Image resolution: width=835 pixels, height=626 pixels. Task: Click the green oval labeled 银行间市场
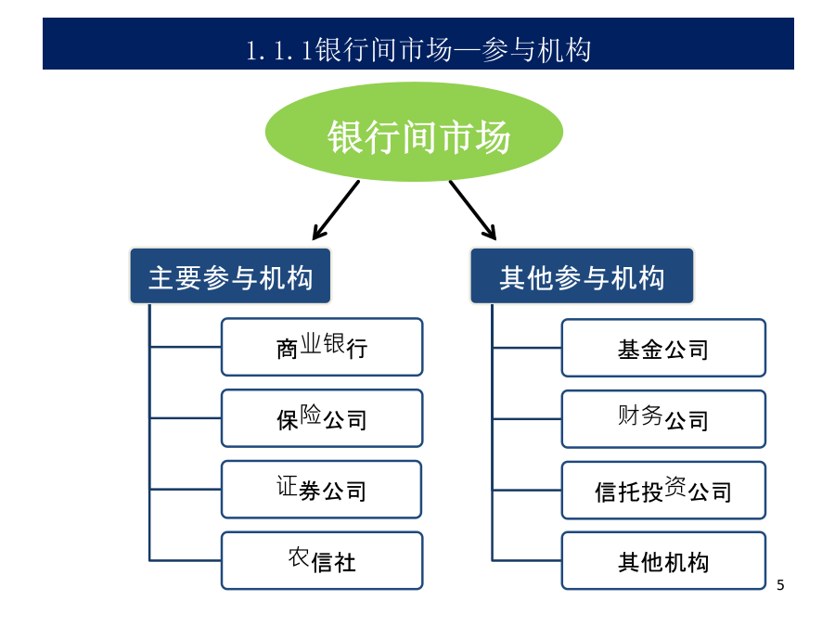(x=414, y=132)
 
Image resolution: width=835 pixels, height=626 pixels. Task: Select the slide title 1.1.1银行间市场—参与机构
(x=418, y=50)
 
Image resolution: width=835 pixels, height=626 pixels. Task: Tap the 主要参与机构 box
(x=230, y=275)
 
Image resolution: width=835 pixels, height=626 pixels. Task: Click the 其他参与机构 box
(x=582, y=275)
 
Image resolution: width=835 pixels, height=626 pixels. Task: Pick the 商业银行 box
(x=322, y=347)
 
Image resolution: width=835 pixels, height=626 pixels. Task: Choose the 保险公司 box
(x=322, y=418)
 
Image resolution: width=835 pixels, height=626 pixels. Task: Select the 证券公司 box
(x=321, y=489)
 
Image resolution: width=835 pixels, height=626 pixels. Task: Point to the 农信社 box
(x=322, y=560)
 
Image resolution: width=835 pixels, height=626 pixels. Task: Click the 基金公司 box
(x=663, y=348)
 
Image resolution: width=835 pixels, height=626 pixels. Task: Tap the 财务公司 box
(x=663, y=419)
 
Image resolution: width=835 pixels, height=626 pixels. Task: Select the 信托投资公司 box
(x=663, y=491)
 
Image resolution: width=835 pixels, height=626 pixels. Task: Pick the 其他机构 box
(x=663, y=560)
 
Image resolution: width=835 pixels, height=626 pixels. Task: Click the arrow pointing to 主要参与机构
(x=336, y=210)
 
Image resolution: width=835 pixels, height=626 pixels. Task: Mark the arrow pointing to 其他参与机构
(x=473, y=210)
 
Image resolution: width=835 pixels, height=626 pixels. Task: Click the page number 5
(x=780, y=585)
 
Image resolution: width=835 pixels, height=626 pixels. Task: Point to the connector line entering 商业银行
(x=186, y=347)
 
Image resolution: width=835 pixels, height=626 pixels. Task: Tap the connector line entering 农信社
(x=186, y=560)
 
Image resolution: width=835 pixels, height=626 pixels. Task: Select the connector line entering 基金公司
(x=527, y=348)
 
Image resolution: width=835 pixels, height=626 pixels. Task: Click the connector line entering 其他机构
(x=527, y=560)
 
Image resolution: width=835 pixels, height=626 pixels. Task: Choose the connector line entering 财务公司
(x=527, y=419)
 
